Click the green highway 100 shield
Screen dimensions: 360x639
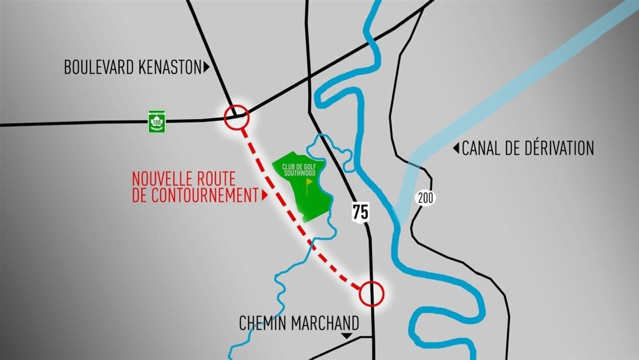(156, 121)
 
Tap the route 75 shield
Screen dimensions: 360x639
(360, 211)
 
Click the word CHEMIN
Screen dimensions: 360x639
(263, 323)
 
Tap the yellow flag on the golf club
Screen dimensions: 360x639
(309, 183)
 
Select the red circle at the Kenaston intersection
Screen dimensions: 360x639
(236, 117)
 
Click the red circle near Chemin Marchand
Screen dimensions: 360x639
(371, 294)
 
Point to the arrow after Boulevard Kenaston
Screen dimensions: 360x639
(207, 67)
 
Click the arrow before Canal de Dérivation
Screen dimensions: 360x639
(455, 149)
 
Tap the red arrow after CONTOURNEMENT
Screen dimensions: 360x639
(264, 195)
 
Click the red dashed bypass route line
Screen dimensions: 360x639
(286, 210)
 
